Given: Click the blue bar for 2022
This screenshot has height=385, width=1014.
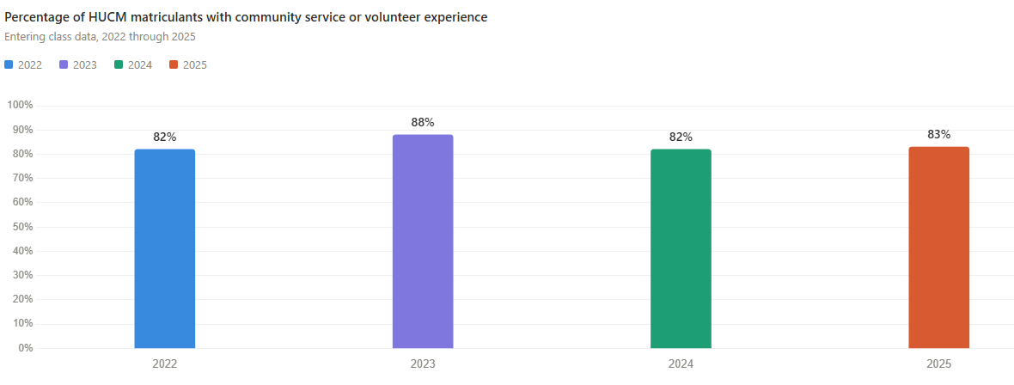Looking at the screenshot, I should pos(165,248).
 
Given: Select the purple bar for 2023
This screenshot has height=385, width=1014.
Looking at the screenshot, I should pos(423,241).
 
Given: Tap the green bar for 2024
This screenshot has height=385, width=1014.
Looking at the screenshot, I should pos(681,248).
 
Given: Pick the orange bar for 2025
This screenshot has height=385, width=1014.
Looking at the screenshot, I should pos(938,247).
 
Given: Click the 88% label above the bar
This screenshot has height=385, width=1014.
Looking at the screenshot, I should pos(423,123).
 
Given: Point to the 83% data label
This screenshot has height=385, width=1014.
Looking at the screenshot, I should pos(938,135).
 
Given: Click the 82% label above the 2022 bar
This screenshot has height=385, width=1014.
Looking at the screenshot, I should pos(165,137).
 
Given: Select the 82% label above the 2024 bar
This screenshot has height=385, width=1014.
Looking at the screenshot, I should pos(681,137).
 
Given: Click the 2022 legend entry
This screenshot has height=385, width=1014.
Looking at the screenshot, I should pos(24,64).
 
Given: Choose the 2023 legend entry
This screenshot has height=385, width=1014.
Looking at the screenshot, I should pos(78,64).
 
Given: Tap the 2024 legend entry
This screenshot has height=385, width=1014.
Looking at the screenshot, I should pos(133,64).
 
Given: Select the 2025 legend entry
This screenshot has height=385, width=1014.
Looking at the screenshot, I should pos(188,64).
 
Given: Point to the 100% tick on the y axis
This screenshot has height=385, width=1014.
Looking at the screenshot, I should pos(20,105).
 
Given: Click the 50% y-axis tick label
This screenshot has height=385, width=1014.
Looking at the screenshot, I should pos(22,227).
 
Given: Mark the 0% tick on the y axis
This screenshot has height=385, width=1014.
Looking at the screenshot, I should pos(25,348).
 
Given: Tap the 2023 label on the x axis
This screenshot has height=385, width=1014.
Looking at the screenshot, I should pos(423,364).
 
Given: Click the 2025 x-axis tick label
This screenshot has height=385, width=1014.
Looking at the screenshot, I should pos(938,364).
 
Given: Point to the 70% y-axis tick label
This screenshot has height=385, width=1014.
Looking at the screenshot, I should pos(22,178).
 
